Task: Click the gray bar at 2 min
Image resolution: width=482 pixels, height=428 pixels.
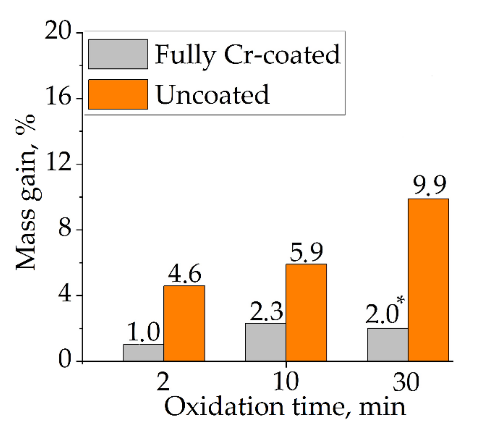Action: pos(143,353)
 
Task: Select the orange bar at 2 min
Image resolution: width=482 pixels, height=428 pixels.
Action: pos(184,323)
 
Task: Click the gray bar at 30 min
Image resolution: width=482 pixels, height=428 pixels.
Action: pos(388,344)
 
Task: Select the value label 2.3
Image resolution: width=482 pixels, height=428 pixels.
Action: pos(266,311)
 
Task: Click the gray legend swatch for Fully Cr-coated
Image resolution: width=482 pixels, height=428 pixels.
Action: pos(118,54)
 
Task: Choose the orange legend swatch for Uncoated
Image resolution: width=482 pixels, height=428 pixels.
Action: pos(118,94)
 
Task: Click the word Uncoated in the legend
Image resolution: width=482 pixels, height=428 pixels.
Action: pos(212,95)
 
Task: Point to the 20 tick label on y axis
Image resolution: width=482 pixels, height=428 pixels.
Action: pos(58,31)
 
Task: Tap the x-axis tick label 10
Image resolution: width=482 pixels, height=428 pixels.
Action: pos(286,382)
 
